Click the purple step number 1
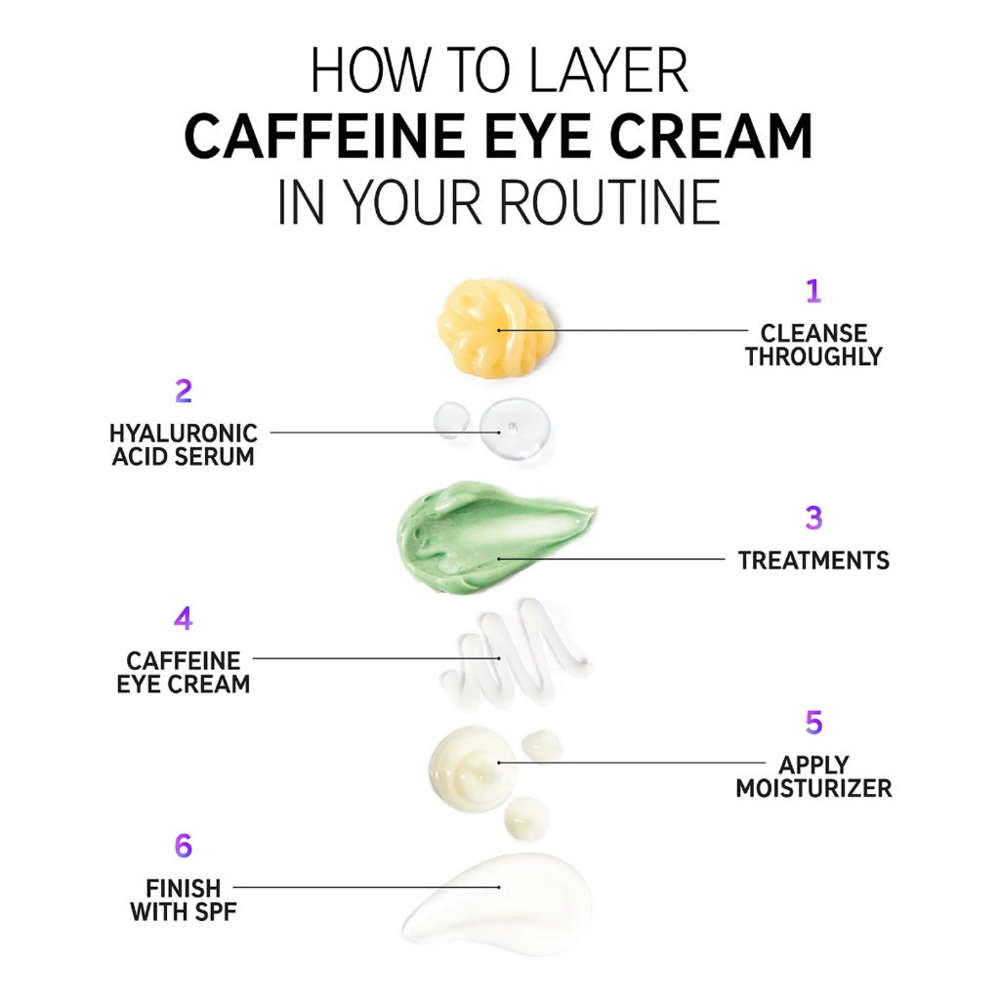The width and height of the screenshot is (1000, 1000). pos(812,291)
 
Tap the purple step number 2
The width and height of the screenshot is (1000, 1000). pos(183,392)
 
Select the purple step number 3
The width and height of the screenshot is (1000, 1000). pos(813,519)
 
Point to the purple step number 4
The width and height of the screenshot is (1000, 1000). pos(183,619)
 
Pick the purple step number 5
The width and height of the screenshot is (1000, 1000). pos(813,723)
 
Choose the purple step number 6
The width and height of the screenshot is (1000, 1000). pos(183,846)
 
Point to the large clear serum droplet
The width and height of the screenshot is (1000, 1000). pos(515,430)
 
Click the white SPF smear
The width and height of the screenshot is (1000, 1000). pos(498,903)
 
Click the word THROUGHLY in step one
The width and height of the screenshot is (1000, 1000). pos(813,357)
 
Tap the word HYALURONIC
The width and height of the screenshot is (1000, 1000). pos(184,433)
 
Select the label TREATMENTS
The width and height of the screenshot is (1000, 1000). pos(813,561)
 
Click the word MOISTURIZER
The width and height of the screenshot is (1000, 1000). pos(813,788)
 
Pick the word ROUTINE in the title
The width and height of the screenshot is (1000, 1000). pos(609,203)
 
